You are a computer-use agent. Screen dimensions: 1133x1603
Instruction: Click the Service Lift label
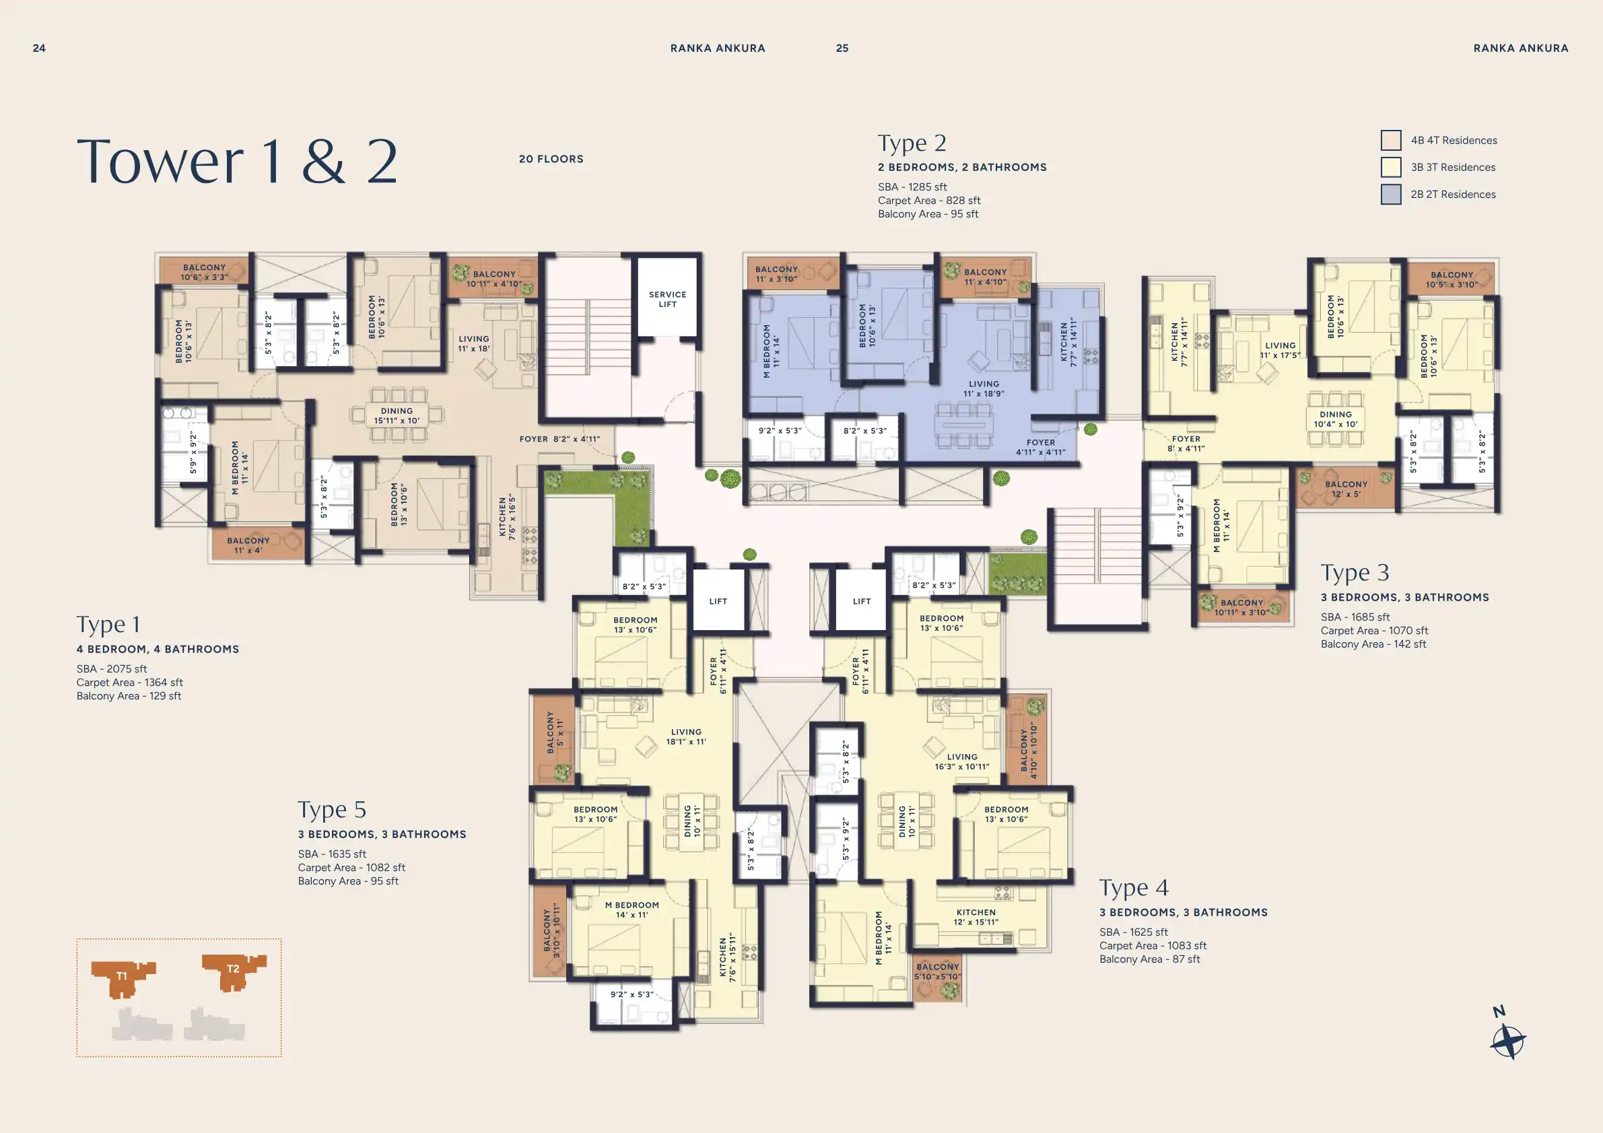coord(667,300)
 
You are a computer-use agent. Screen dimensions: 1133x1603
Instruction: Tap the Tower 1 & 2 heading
coord(238,162)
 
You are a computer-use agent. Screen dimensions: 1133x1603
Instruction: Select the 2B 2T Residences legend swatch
coord(1391,194)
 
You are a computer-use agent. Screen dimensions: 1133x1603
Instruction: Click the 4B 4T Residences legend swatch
coord(1391,140)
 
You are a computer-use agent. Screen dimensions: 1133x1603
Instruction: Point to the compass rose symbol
coord(1508,1042)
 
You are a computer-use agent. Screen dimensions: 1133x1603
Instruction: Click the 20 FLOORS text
coord(551,159)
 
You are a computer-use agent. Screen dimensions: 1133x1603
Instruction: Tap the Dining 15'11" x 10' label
coord(397,416)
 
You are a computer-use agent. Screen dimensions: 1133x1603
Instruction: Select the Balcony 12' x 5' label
coord(1346,489)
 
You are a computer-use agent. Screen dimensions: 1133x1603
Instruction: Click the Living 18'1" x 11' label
coord(685,737)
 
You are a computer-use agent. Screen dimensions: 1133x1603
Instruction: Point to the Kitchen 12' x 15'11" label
coord(976,918)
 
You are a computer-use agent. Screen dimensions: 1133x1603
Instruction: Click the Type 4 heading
coord(1133,888)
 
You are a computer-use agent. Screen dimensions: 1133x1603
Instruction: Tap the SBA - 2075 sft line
coord(112,668)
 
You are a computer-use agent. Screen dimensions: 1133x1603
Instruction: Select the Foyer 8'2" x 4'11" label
coord(559,439)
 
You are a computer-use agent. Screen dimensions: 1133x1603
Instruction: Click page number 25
coord(842,48)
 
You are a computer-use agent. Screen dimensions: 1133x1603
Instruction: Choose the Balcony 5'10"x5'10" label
coord(937,971)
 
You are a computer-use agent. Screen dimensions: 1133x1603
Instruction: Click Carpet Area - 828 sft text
coord(928,201)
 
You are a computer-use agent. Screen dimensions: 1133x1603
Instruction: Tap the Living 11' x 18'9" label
coord(984,389)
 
